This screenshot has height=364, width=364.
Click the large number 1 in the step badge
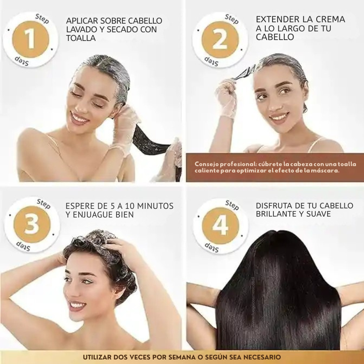30,39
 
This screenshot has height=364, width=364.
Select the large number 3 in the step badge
31,225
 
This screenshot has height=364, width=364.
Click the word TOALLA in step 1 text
81,38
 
